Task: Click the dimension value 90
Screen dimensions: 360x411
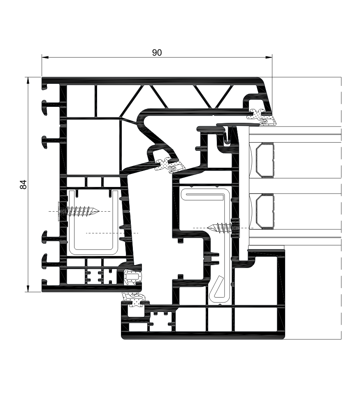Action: pos(157,53)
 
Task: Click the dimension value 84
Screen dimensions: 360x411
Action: pos(23,185)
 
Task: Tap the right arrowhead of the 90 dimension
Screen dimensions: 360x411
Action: pos(269,57)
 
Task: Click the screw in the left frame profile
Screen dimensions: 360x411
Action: pos(78,211)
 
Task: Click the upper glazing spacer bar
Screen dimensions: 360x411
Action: pos(265,160)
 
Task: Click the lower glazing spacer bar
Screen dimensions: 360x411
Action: pos(265,211)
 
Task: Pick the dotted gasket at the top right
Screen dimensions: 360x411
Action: pos(262,117)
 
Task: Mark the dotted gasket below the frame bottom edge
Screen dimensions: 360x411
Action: pos(135,300)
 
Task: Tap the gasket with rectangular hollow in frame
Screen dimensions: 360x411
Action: pos(132,277)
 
